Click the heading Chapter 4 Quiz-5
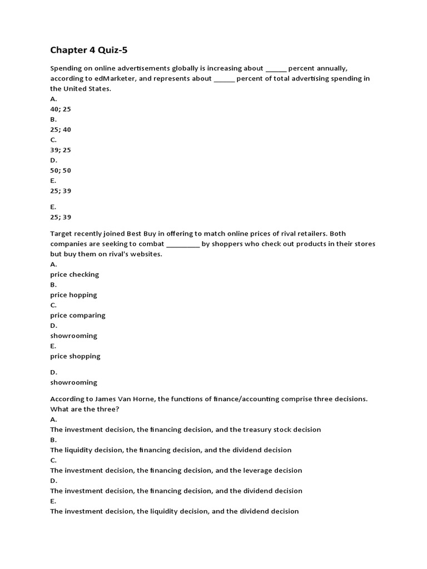[85, 50]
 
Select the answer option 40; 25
[61, 109]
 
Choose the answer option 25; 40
[61, 129]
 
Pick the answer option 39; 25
[61, 150]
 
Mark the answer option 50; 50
[61, 171]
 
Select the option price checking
[75, 274]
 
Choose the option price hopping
[73, 295]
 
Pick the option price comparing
[78, 316]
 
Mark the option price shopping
[75, 356]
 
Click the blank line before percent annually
[276, 68]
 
